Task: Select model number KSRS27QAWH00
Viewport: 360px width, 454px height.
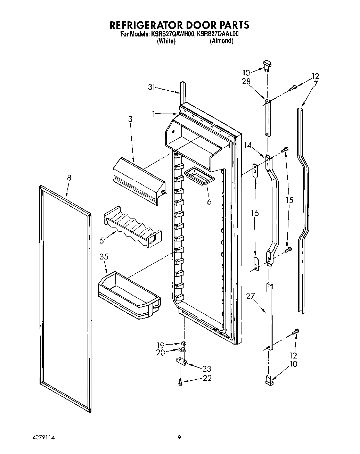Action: point(172,34)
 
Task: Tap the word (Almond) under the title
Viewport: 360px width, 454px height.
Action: point(221,41)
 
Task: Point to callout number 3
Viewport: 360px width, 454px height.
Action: point(130,119)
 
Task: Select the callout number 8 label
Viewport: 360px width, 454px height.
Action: point(69,178)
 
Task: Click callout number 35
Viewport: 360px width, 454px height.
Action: point(104,257)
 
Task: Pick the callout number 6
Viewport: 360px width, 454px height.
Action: point(209,201)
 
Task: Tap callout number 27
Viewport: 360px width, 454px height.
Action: point(251,296)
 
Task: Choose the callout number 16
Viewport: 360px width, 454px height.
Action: point(255,213)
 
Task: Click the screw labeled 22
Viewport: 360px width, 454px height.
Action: point(180,382)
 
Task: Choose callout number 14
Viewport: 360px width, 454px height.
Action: point(248,146)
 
